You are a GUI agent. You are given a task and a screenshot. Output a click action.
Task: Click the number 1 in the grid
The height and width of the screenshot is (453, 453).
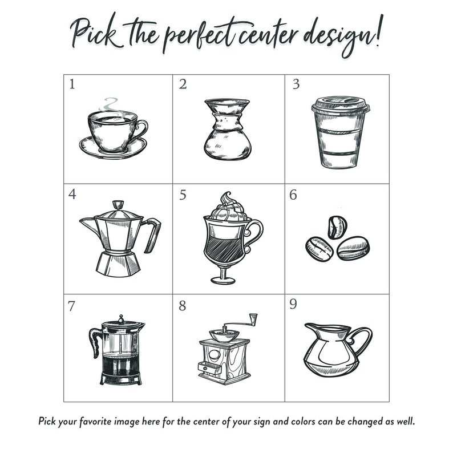(72, 84)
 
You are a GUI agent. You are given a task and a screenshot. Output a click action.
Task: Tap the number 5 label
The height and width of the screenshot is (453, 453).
(183, 195)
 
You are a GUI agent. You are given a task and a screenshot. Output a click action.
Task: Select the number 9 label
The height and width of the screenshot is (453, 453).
(293, 304)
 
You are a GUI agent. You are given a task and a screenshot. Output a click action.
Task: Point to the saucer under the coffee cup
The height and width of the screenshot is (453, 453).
(113, 150)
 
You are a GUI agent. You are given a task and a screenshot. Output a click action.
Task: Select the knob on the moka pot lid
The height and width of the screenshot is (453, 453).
(118, 205)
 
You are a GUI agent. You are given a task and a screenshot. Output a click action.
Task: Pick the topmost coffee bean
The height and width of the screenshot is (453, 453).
(337, 227)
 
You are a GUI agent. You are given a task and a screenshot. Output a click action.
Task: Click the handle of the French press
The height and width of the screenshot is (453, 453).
(95, 342)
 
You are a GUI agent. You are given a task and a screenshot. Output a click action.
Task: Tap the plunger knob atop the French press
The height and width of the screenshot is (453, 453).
(121, 319)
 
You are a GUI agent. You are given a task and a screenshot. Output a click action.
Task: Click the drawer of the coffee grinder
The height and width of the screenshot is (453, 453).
(209, 368)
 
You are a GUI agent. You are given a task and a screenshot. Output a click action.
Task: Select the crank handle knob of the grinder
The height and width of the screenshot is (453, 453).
(253, 319)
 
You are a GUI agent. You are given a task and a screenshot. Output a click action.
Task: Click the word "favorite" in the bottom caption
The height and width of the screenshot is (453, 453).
(95, 421)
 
